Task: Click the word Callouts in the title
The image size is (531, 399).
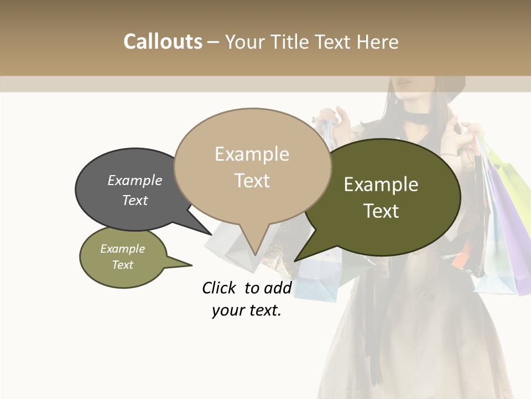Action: pos(163,42)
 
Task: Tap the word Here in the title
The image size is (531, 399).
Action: pos(378,42)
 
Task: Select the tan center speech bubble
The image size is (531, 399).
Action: pos(252,166)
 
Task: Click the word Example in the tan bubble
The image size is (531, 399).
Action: pos(252,154)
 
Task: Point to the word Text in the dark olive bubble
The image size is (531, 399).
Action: pos(381,211)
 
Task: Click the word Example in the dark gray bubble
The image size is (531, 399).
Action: pos(135,181)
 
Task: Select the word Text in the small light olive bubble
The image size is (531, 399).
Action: pos(123,265)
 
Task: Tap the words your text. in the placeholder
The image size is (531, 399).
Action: pos(247,311)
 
